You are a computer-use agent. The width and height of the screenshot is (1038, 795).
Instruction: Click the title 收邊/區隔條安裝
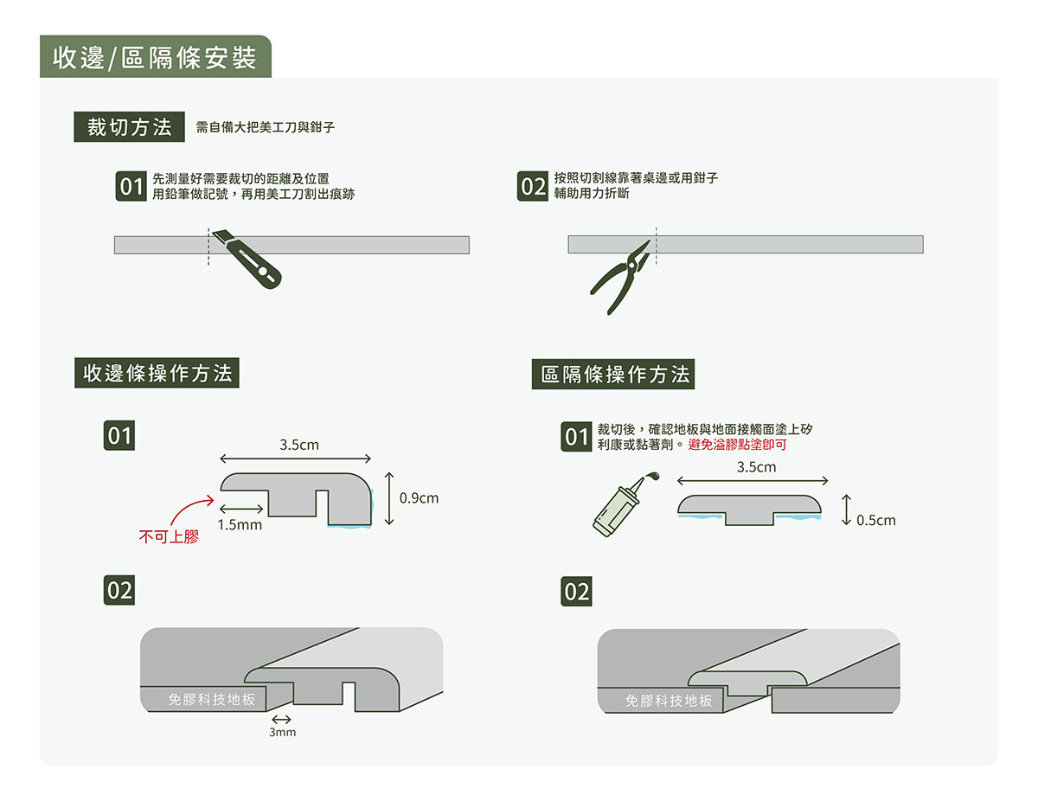coord(155,58)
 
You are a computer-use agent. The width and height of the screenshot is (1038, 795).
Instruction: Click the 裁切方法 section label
coord(130,128)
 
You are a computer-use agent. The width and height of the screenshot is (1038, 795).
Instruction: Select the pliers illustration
coord(620,274)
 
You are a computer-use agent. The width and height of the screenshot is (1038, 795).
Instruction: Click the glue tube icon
coord(620,505)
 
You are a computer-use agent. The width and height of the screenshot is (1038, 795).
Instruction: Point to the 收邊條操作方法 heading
coord(157,374)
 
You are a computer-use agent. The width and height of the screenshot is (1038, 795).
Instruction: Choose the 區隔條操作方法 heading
coord(614,375)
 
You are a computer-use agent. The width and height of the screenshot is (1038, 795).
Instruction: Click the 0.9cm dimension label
coord(419,498)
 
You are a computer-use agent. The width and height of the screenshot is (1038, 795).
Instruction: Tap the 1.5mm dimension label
coord(240,524)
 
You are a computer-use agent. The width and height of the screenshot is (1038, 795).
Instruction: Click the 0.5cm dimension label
coord(875,520)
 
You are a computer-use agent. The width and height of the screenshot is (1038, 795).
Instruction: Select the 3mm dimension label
coord(282,733)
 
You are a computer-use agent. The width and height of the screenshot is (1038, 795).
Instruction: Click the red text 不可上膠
coord(169,537)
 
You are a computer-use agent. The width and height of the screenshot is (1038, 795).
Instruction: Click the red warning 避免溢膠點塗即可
coord(737,446)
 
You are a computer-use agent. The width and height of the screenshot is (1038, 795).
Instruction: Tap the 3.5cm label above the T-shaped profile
coord(756,467)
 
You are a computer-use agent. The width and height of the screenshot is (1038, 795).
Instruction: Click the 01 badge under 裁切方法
coord(131,186)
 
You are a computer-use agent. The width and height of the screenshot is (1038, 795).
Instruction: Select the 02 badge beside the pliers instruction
coord(532,186)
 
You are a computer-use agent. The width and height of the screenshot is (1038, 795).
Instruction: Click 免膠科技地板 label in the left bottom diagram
coord(212,699)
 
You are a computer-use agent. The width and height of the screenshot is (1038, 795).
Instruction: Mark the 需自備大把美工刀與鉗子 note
coord(265,128)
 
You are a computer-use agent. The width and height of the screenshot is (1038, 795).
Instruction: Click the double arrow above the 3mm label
coord(281,719)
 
